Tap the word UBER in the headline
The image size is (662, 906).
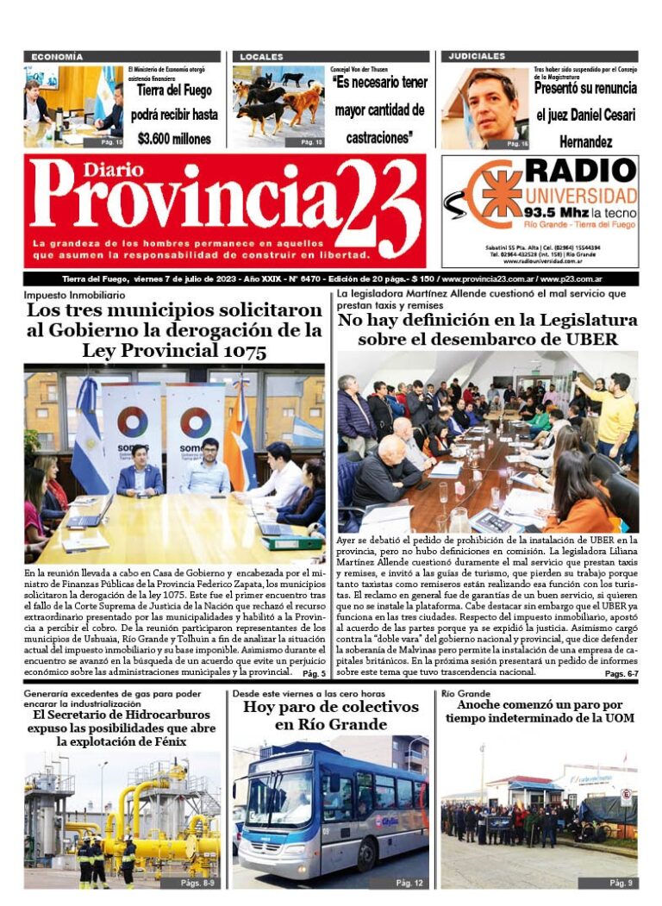tap(590, 340)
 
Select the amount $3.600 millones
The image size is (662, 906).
tap(173, 138)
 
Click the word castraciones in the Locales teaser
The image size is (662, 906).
tap(379, 138)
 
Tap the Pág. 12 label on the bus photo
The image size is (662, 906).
tap(409, 884)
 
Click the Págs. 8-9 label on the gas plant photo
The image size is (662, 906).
tap(197, 884)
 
